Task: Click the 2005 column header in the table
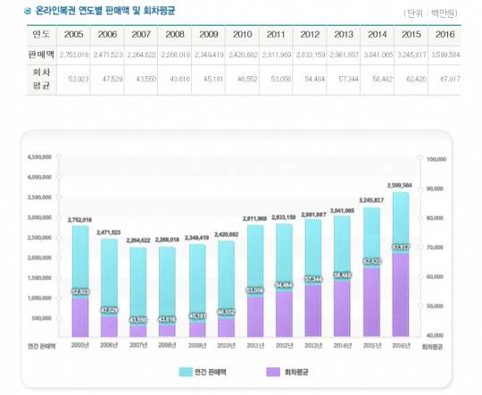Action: pos(74,34)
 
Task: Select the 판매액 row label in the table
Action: pos(40,55)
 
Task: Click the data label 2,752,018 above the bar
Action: pos(80,219)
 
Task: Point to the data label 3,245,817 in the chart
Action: pos(371,200)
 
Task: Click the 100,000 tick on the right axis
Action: pos(436,159)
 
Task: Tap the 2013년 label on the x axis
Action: pos(314,344)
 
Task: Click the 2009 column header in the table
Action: pos(209,34)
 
